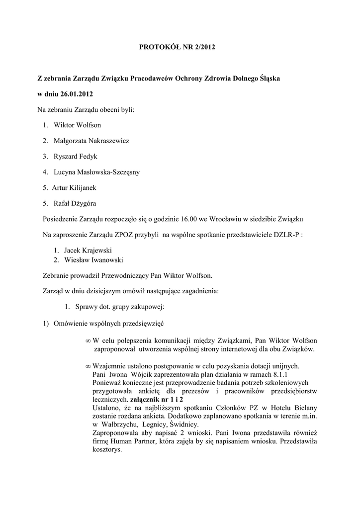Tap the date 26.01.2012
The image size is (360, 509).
pyautogui.click(x=75, y=94)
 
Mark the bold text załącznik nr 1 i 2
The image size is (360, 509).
pyautogui.click(x=157, y=399)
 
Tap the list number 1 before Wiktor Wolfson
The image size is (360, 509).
pyautogui.click(x=45, y=125)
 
